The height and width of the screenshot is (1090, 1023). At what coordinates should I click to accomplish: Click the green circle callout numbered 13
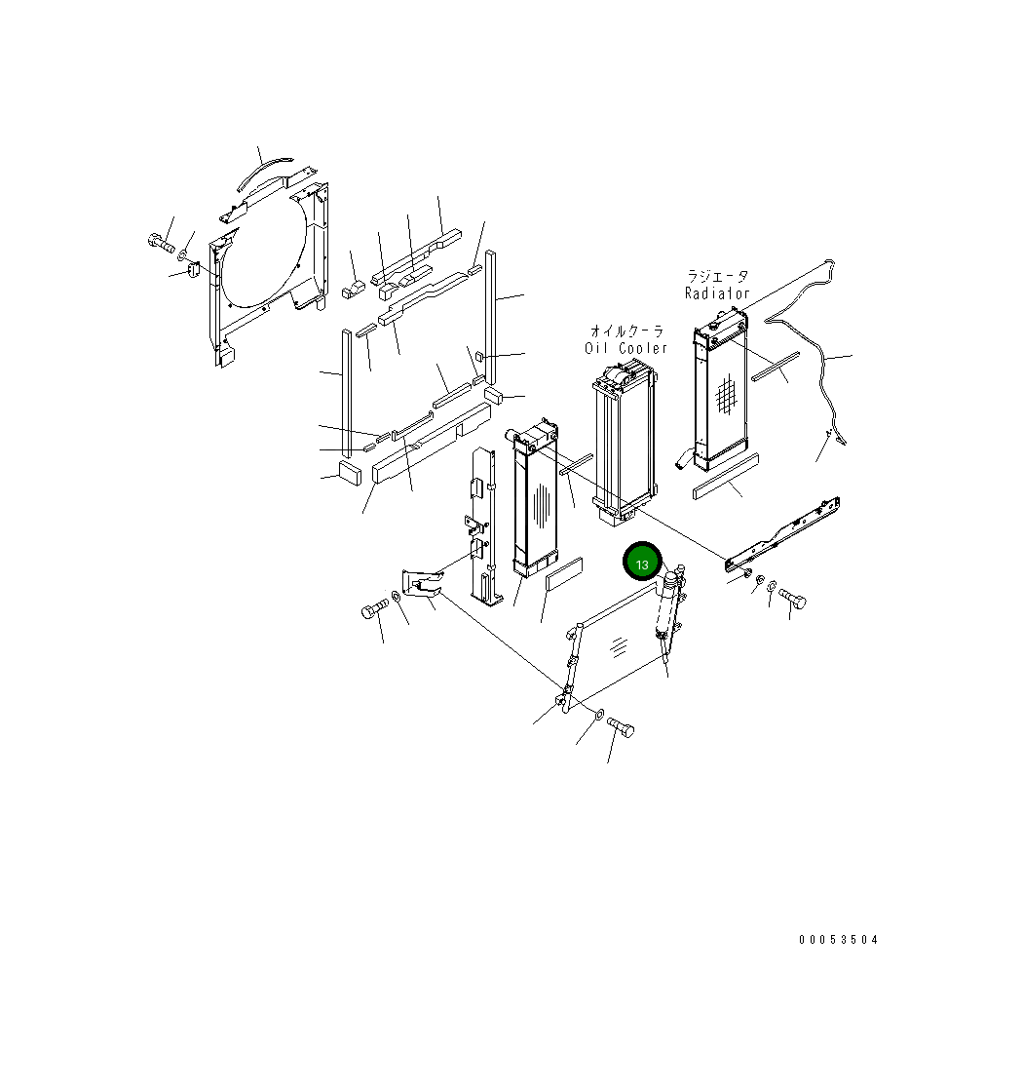click(642, 564)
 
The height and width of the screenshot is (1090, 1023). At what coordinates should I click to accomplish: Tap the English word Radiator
click(717, 293)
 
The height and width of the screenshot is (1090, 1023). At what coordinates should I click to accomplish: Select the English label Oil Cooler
click(626, 348)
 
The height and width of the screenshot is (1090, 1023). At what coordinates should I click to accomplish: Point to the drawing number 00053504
click(838, 940)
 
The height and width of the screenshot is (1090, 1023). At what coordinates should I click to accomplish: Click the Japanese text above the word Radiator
click(718, 277)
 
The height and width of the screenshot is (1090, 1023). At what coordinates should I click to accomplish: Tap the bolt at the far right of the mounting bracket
click(791, 599)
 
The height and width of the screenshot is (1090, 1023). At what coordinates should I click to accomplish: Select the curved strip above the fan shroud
click(261, 174)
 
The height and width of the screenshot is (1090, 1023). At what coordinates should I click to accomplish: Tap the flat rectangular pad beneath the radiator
click(724, 476)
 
